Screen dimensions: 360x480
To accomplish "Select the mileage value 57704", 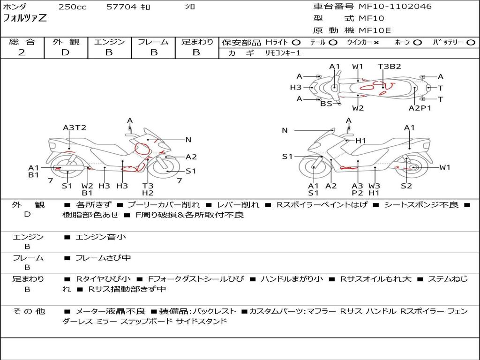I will [121, 7].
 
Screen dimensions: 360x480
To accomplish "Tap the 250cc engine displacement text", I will [72, 7].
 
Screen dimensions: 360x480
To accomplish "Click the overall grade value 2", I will [22, 52].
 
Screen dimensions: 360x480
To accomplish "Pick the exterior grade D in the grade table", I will [65, 52].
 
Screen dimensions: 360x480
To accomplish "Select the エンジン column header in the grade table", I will [109, 42].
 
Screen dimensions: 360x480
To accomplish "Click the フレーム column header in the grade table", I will [153, 42].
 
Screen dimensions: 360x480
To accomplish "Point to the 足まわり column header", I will [197, 42].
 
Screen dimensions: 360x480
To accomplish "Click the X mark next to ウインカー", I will [376, 42].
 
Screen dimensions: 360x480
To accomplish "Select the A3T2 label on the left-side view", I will [75, 127].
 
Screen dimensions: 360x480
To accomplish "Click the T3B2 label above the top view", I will [390, 67].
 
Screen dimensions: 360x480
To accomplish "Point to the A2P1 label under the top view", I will [420, 108].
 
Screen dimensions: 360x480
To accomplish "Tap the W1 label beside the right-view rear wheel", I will [445, 167].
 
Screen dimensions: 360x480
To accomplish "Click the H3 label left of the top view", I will [295, 87].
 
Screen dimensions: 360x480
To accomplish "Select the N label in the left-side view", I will [188, 139].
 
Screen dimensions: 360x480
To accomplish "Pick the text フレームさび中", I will [103, 258].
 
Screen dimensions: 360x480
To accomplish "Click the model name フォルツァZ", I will [25, 19].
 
